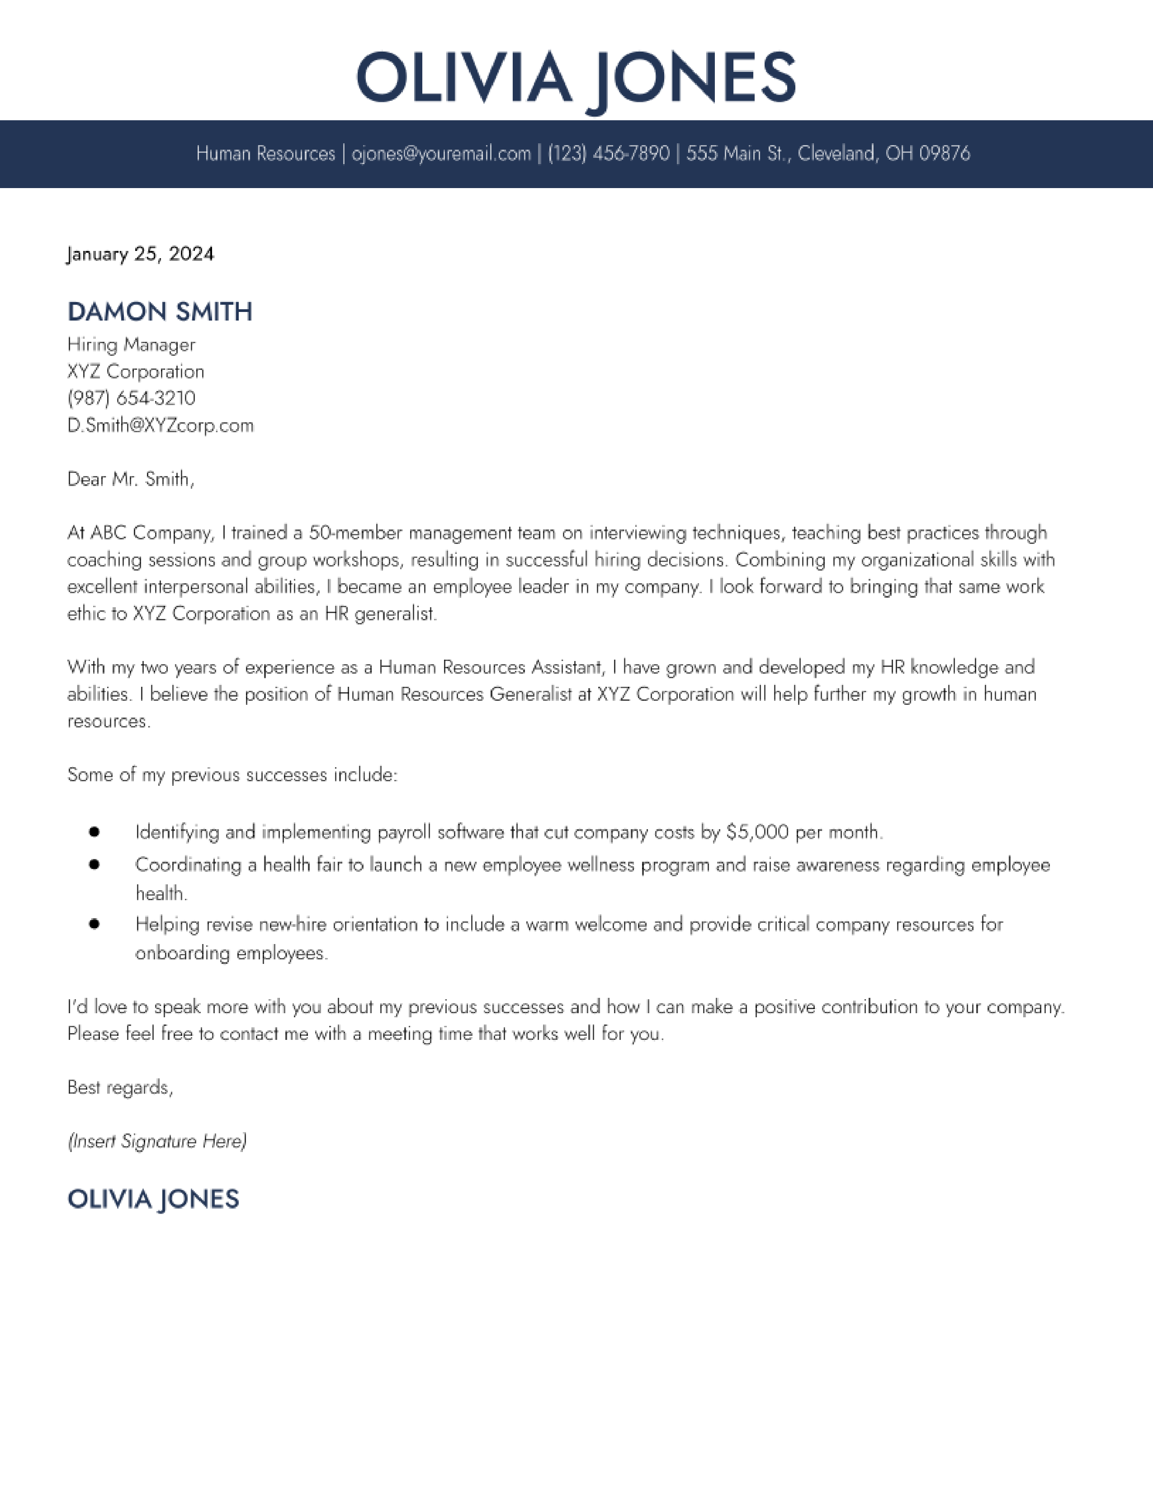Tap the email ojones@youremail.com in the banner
(x=441, y=154)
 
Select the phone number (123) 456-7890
(x=609, y=154)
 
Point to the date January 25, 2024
(x=141, y=254)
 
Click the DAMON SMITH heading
(x=160, y=312)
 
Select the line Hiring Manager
(x=131, y=345)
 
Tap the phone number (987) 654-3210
(x=131, y=398)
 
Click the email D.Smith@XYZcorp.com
(x=161, y=425)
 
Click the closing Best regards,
(x=120, y=1087)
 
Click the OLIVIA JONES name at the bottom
(x=153, y=1199)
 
